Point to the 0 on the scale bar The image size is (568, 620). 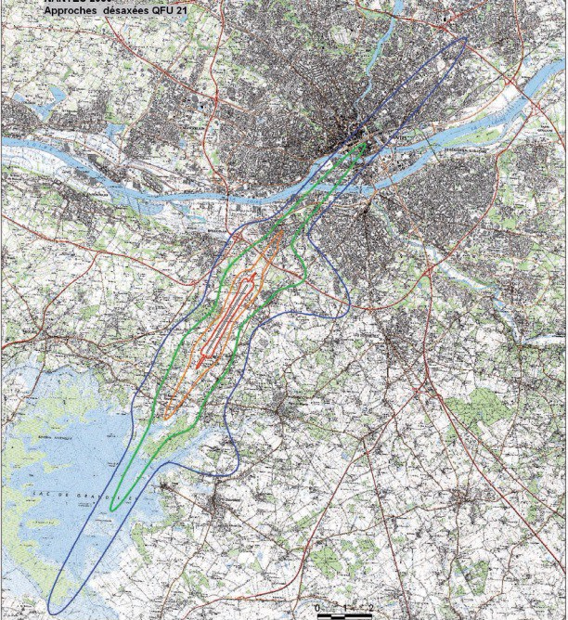point(318,608)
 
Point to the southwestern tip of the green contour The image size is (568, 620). point(113,509)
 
